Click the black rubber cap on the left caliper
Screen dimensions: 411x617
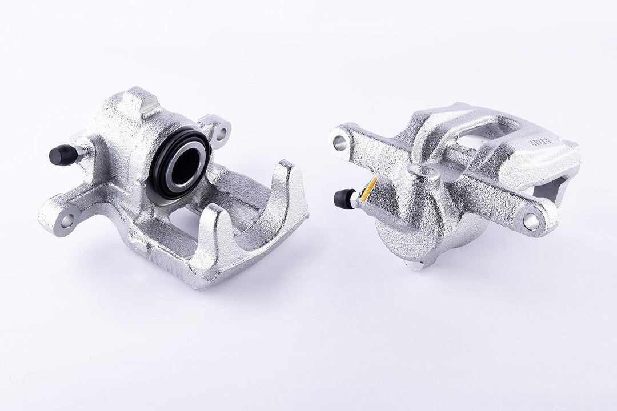point(62,154)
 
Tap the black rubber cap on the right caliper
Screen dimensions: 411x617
point(344,198)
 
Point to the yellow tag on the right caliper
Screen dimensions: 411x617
point(368,189)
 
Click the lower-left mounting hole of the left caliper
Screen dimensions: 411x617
point(66,219)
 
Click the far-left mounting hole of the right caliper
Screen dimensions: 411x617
point(340,143)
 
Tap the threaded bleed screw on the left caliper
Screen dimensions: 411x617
point(84,150)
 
